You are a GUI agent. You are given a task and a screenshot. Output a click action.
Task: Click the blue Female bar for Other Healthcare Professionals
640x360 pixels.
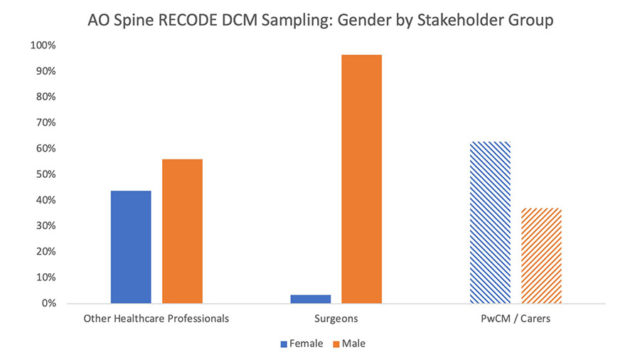[131, 247]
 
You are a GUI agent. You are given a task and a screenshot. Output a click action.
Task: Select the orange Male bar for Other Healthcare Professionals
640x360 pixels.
[182, 231]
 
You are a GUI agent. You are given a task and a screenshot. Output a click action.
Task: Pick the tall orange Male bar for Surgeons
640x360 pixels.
[361, 179]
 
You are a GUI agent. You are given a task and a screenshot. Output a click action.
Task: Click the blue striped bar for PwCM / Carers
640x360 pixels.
[490, 222]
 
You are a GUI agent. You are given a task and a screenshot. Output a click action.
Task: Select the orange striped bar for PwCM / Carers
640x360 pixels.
[541, 255]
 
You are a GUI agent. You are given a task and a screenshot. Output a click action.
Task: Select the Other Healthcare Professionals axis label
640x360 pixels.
[156, 319]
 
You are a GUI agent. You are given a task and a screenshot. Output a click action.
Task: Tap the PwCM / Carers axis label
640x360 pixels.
[516, 319]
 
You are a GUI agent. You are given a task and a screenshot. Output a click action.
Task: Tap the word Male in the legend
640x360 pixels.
[353, 344]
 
